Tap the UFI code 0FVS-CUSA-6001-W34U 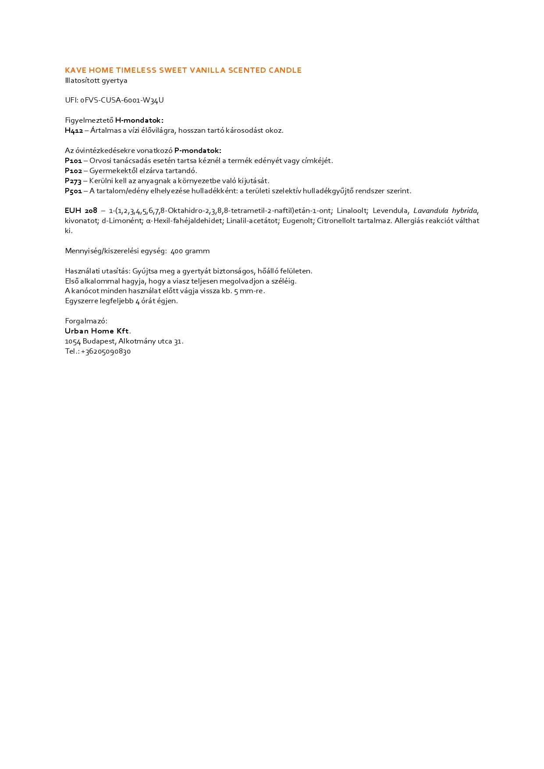point(122,100)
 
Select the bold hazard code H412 point(74,131)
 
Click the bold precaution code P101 point(73,161)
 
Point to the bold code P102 point(73,171)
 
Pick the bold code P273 point(73,181)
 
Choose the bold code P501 point(73,191)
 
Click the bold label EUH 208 point(81,211)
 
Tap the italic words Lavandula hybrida point(445,211)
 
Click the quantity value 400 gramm point(190,251)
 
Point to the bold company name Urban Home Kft point(97,331)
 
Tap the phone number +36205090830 point(106,351)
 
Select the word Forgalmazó point(86,321)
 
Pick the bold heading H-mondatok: point(139,120)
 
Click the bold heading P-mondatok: point(198,151)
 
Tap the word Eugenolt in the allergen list point(298,221)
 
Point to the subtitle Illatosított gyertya point(96,81)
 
